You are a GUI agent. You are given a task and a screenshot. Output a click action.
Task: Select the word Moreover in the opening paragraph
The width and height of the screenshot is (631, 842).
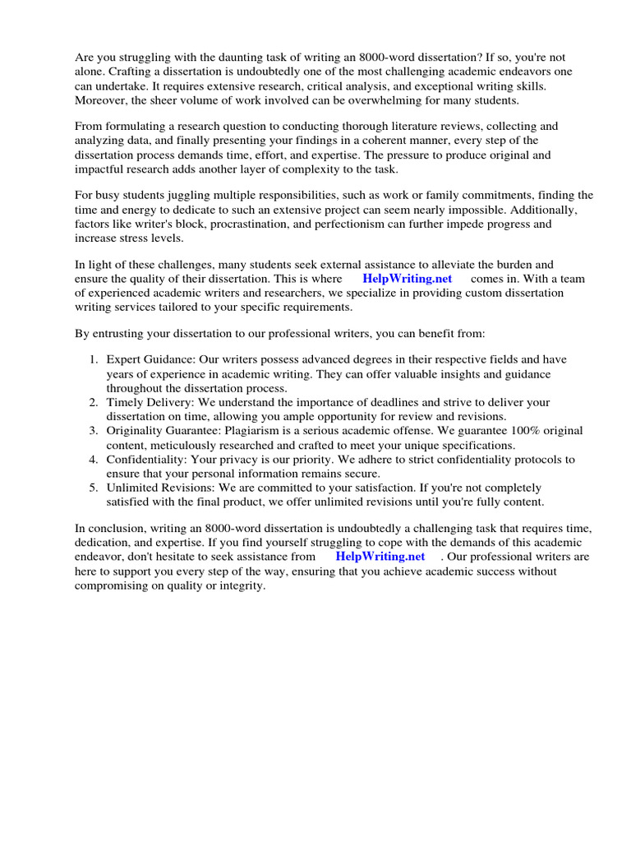101,99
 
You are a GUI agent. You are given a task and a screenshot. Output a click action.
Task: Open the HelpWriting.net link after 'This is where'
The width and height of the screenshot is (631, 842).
407,279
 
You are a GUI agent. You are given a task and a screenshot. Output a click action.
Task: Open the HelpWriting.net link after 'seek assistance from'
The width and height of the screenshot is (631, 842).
380,557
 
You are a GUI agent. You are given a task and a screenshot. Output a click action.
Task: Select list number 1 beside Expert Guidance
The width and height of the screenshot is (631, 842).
93,360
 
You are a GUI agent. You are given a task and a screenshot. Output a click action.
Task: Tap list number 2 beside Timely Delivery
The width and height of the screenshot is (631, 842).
93,402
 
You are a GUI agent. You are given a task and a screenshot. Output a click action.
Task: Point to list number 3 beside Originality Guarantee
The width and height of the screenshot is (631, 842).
93,431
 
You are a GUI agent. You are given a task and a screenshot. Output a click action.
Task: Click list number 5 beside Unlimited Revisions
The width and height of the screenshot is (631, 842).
93,488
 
